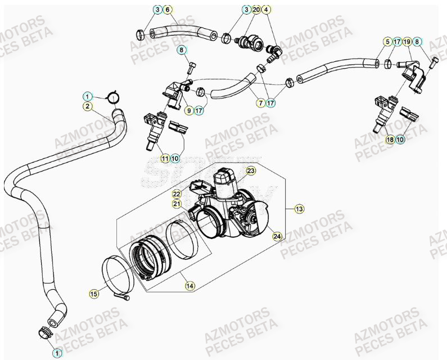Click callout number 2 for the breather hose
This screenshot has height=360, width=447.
[x=87, y=105]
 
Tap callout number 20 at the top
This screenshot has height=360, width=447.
[x=256, y=10]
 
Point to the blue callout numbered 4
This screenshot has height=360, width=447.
[x=267, y=10]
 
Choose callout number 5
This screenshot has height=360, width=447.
[x=387, y=41]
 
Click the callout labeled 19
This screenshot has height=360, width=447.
[x=407, y=41]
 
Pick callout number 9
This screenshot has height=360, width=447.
[x=188, y=110]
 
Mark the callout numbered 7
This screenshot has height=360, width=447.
[x=261, y=103]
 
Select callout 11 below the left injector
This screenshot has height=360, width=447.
[x=164, y=159]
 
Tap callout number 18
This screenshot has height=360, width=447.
[x=390, y=139]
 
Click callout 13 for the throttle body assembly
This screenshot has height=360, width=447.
[x=299, y=209]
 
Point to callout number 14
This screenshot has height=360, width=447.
[x=190, y=286]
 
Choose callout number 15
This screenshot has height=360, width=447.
[x=94, y=293]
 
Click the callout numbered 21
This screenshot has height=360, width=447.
[x=177, y=204]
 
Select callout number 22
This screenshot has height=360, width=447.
[x=177, y=193]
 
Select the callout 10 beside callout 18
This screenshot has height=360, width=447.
[x=400, y=139]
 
